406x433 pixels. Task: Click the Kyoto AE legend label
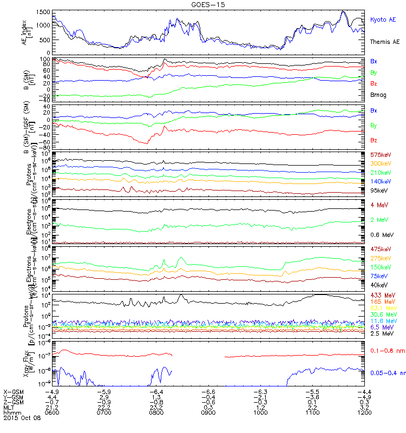tap(383, 19)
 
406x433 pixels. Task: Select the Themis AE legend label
tap(385, 42)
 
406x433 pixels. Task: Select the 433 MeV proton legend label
tap(381, 295)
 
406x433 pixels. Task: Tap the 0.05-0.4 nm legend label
tap(387, 373)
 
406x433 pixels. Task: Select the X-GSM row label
tap(13, 392)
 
